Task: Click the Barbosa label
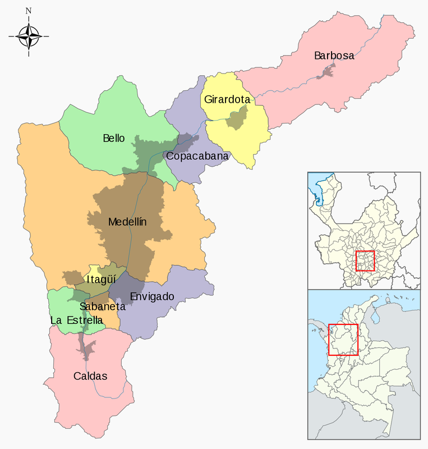[x=334, y=56]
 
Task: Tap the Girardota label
[x=227, y=100]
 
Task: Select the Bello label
[x=114, y=138]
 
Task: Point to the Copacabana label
[x=197, y=156]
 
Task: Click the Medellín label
[x=127, y=222]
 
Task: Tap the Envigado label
[x=152, y=296]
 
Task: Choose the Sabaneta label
[x=103, y=306]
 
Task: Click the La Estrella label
[x=77, y=320]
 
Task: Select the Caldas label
[x=90, y=376]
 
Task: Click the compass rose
[x=29, y=36]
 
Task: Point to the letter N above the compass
[x=29, y=11]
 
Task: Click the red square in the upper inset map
[x=365, y=260]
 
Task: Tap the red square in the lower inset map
[x=343, y=340]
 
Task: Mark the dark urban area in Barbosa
[x=327, y=71]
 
